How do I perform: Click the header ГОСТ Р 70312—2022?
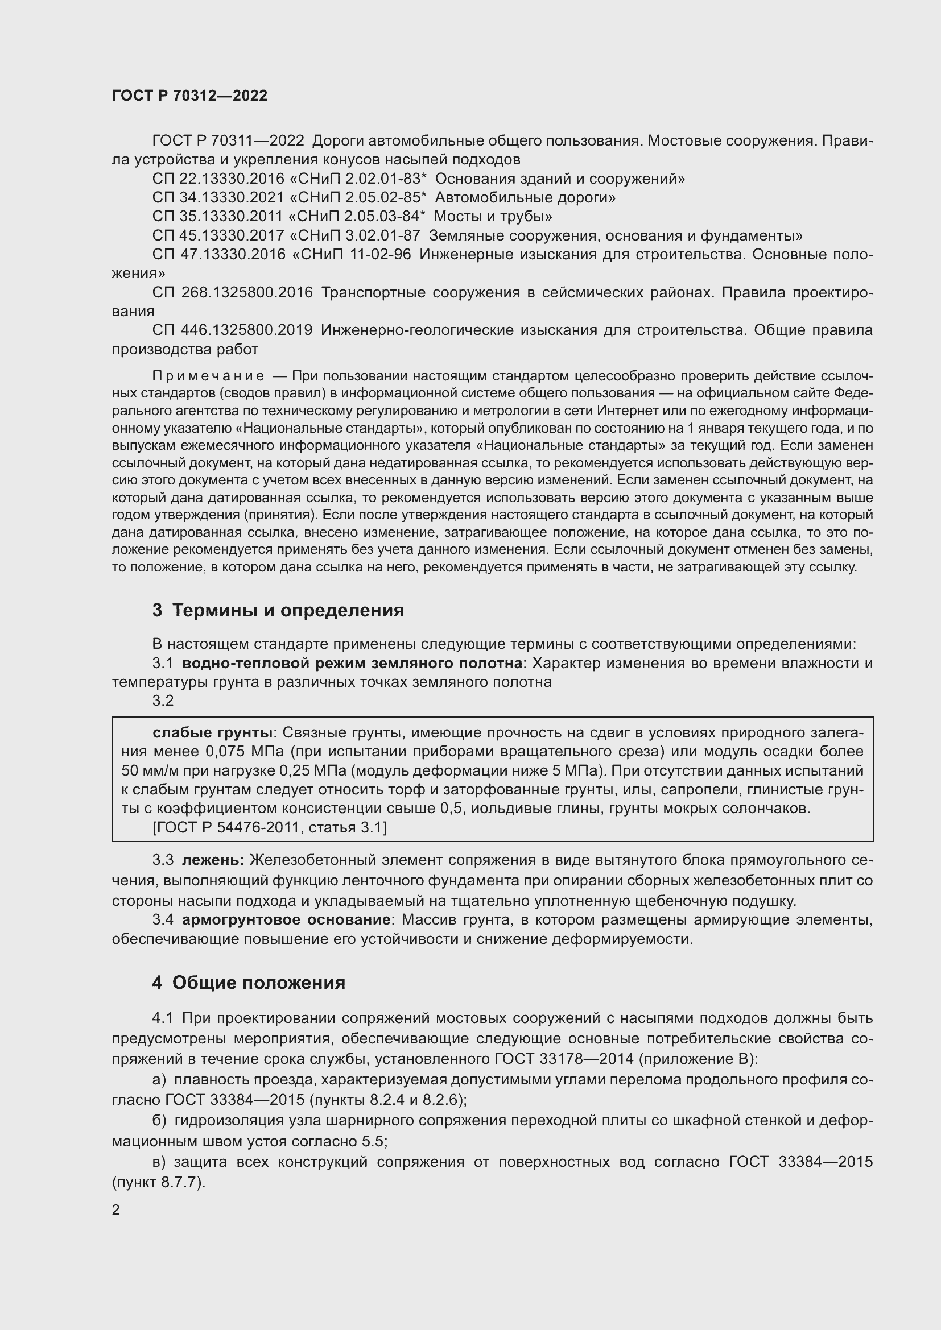click(189, 96)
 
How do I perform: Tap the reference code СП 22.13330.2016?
click(219, 179)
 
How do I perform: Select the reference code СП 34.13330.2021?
click(219, 197)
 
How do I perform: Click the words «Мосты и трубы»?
click(493, 217)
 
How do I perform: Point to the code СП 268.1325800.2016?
click(232, 292)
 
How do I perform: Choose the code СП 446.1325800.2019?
click(232, 330)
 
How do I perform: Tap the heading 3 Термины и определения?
click(278, 611)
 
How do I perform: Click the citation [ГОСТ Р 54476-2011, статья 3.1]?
click(270, 827)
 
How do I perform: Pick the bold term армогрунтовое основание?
click(286, 920)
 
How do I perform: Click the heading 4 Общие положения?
click(249, 983)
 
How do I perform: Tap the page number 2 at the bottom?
click(116, 1210)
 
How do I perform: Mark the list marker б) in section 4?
click(159, 1121)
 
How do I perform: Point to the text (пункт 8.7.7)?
click(159, 1183)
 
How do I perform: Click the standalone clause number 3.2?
click(163, 701)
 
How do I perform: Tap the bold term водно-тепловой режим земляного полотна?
click(352, 663)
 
